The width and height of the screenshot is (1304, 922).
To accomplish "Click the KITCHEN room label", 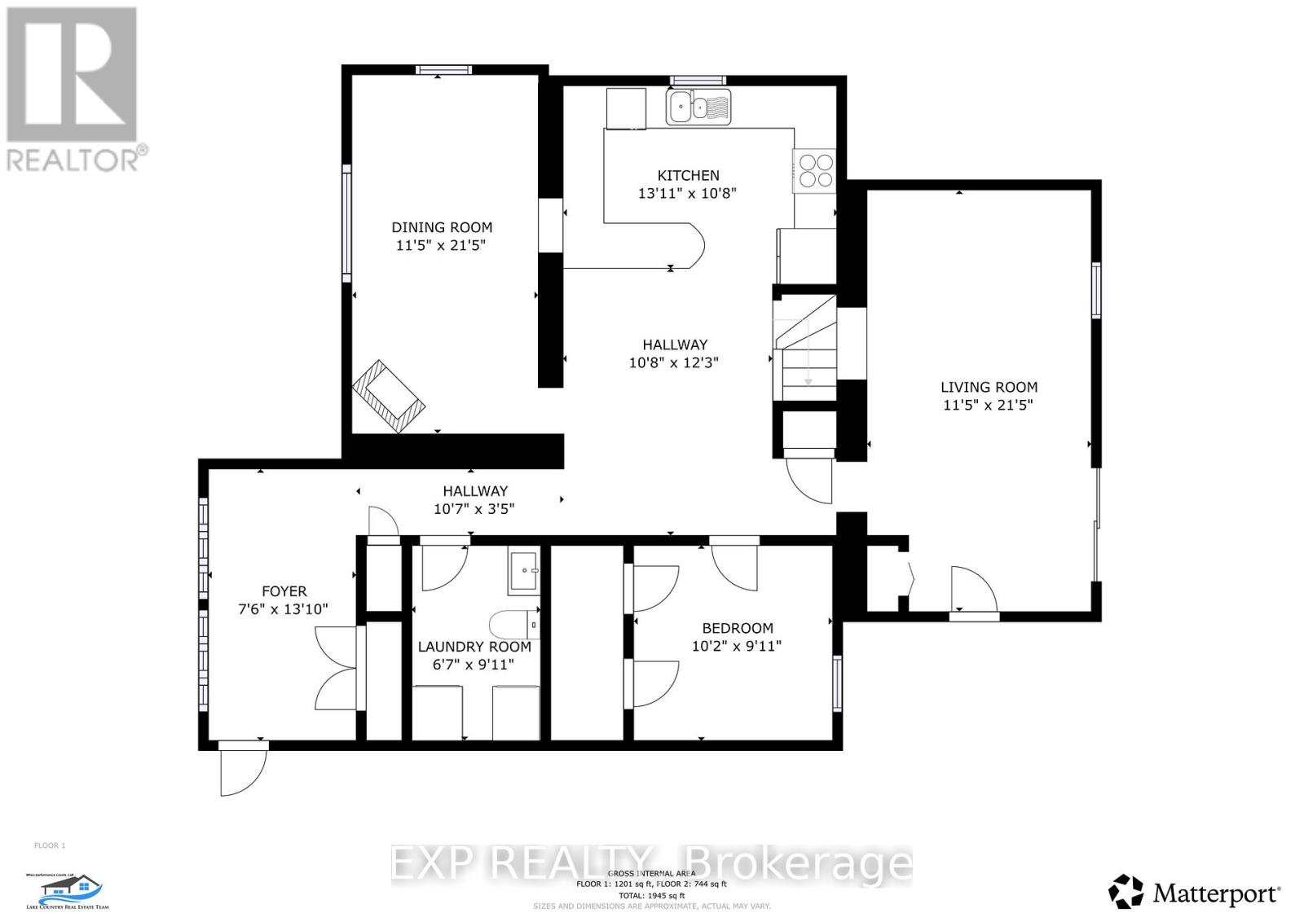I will pyautogui.click(x=689, y=175).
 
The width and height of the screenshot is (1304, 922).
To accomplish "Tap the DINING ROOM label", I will pyautogui.click(x=442, y=227).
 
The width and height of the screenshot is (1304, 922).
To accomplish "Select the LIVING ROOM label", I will pyautogui.click(x=989, y=388).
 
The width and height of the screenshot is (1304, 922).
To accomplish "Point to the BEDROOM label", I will pyautogui.click(x=738, y=628).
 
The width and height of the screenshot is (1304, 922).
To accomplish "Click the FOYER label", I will pyautogui.click(x=284, y=591).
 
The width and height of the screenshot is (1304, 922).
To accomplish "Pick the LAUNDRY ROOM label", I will pyautogui.click(x=474, y=647).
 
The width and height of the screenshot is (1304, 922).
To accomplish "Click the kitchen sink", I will pyautogui.click(x=698, y=107).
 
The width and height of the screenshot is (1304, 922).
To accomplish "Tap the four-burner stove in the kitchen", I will pyautogui.click(x=815, y=171).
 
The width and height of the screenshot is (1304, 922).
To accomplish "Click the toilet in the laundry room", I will pyautogui.click(x=514, y=625).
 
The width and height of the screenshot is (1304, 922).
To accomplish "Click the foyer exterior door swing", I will pyautogui.click(x=243, y=770).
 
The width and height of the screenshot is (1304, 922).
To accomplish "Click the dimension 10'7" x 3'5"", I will pyautogui.click(x=474, y=509).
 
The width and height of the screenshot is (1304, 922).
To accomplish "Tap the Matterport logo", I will pyautogui.click(x=1195, y=893).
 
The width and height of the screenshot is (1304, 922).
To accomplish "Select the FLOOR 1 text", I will pyautogui.click(x=50, y=845).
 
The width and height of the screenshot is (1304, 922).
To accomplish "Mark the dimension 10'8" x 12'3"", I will pyautogui.click(x=674, y=363).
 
